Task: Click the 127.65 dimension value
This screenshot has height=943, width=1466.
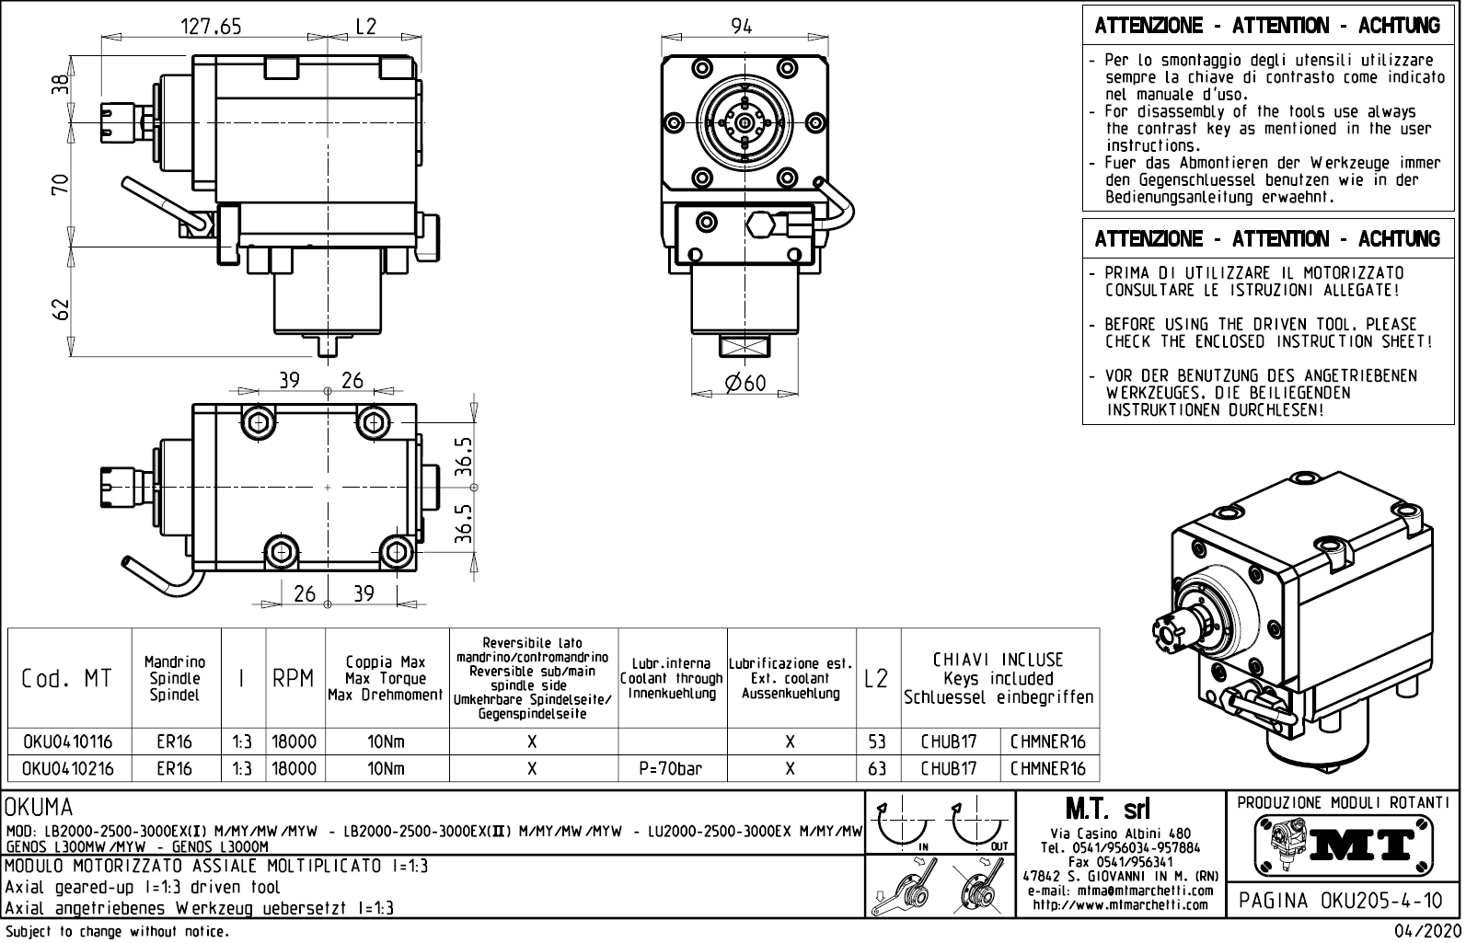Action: [x=211, y=27]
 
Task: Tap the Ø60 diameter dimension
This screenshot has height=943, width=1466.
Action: [x=745, y=382]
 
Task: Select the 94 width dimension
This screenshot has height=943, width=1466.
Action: [x=741, y=27]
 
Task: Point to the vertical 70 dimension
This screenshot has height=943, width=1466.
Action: [x=61, y=183]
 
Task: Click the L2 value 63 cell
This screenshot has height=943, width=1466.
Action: [x=877, y=768]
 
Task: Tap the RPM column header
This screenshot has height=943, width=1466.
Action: [x=294, y=678]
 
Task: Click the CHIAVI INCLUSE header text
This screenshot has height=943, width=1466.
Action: [x=998, y=660]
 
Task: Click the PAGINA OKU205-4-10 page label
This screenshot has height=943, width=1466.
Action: [x=1342, y=901]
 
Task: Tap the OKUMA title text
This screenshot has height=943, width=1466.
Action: [x=39, y=808]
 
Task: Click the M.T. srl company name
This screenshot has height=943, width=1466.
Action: [x=1108, y=809]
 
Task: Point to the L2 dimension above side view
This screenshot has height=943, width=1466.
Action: [x=366, y=27]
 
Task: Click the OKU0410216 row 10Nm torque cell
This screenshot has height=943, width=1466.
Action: [x=386, y=768]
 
